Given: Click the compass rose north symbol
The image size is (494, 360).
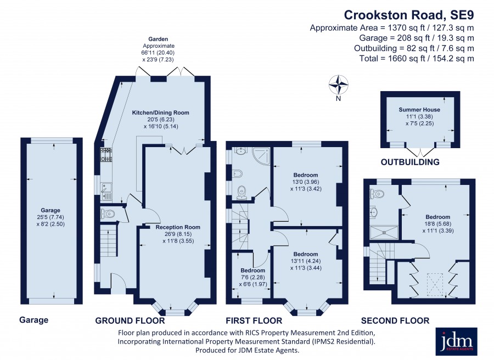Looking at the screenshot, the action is (338, 85).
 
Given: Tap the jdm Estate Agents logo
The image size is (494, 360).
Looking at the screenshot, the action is (456, 341).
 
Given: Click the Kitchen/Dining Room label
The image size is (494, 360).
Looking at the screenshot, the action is (160, 113).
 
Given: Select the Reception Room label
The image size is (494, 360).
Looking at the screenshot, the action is (178, 227).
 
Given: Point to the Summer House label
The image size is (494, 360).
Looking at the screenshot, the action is (419, 110).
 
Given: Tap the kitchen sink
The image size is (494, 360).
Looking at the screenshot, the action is (106, 192).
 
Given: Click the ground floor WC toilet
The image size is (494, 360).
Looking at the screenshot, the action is (107, 214).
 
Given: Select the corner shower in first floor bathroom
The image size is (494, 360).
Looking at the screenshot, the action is (261, 156).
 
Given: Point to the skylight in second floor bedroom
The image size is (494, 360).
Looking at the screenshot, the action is (435, 284).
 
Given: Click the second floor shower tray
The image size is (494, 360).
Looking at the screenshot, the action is (384, 232).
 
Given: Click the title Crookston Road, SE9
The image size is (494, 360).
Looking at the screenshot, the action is (409, 15).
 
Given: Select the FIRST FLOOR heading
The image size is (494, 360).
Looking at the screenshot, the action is (254, 320).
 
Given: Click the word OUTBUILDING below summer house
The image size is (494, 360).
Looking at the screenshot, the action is (410, 162).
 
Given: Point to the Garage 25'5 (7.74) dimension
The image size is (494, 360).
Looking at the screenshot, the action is (50, 217).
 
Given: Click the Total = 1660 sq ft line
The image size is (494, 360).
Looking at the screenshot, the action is (417, 58).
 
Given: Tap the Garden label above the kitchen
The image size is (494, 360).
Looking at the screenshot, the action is (158, 39).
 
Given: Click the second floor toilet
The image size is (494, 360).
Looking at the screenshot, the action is (377, 193).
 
